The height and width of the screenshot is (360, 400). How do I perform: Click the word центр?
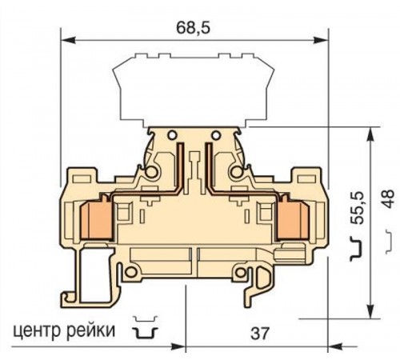click(x=37, y=329)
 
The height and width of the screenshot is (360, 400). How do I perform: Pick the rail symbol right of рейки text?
click(x=144, y=328)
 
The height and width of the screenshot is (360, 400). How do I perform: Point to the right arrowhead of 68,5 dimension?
click(x=324, y=38)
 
